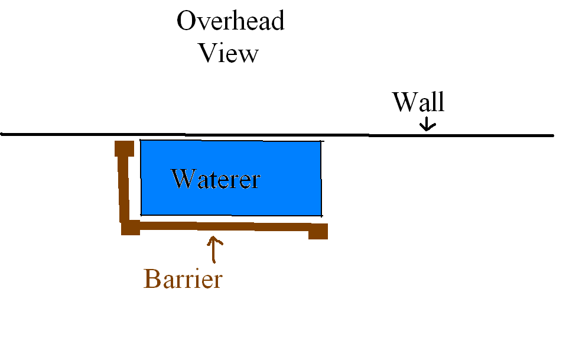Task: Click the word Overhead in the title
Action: (230, 22)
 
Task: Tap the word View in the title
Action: (229, 53)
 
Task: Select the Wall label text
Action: (418, 103)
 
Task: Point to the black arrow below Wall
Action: (427, 125)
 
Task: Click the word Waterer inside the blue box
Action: (216, 179)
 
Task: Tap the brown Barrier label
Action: (183, 278)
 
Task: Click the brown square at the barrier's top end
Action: (123, 148)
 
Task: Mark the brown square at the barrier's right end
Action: (318, 231)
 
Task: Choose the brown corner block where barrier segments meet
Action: (130, 227)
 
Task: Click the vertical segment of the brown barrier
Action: (124, 186)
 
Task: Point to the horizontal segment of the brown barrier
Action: (225, 226)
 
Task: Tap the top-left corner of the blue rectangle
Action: (141, 141)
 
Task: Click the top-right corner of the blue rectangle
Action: (321, 142)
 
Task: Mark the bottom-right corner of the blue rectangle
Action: (321, 215)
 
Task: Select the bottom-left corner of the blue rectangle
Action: (141, 214)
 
